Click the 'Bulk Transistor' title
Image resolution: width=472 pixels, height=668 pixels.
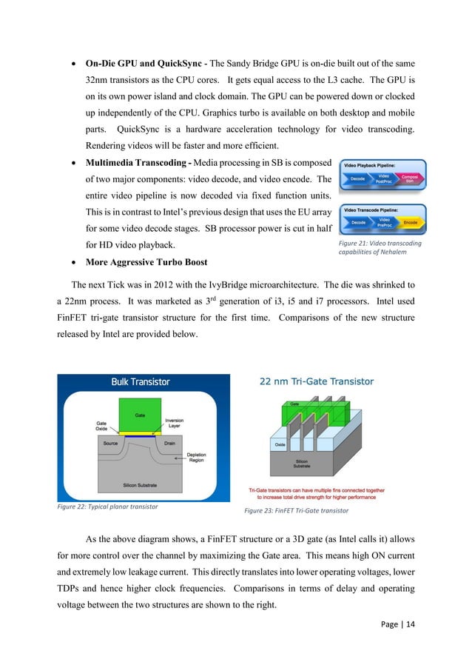click(x=141, y=382)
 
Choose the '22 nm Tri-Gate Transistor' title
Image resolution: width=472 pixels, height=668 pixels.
click(x=316, y=381)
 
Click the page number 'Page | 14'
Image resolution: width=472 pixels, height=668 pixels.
click(x=396, y=645)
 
